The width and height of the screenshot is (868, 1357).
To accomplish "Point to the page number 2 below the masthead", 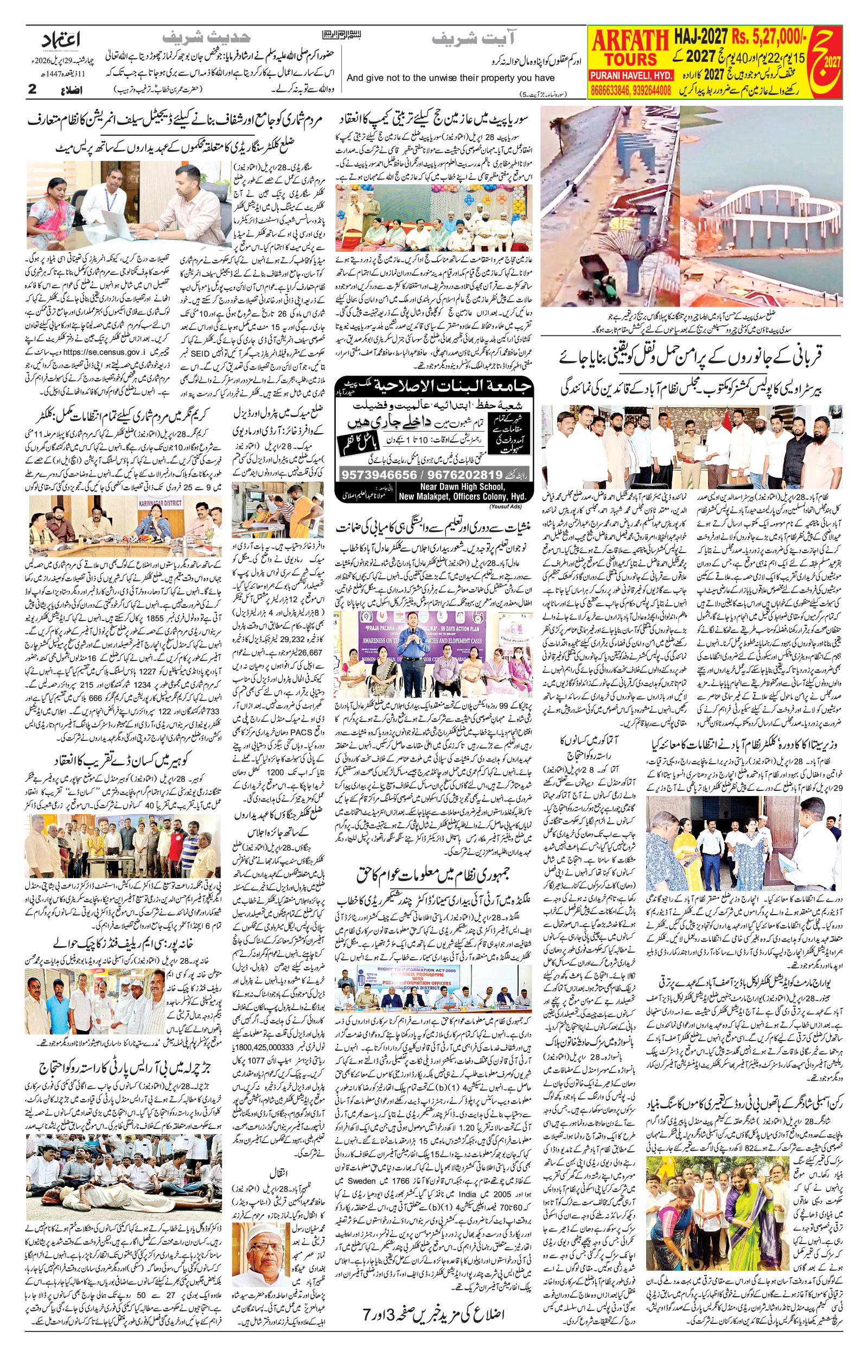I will pos(32,89).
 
